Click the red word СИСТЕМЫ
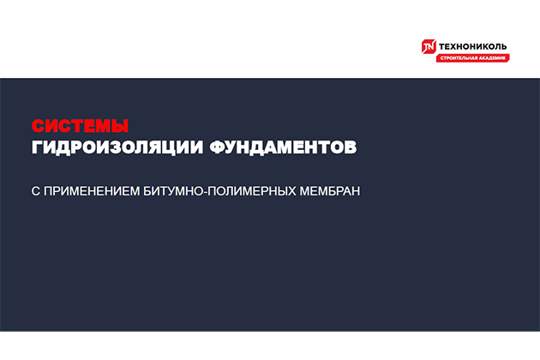tap(80, 125)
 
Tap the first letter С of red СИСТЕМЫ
tap(38, 125)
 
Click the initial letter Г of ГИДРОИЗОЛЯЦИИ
tap(37, 147)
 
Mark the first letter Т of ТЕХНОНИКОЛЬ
tap(442, 45)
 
